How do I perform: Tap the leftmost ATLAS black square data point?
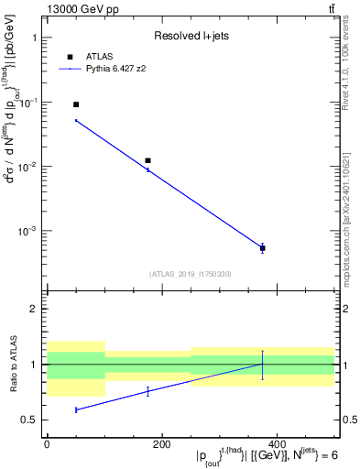(x=76, y=104)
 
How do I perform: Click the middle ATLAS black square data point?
(x=147, y=160)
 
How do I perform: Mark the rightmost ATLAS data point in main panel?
(x=262, y=248)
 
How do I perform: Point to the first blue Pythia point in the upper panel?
(x=76, y=120)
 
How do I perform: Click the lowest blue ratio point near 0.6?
(x=76, y=409)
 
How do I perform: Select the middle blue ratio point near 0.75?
(x=147, y=391)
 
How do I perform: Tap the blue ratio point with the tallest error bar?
(x=262, y=365)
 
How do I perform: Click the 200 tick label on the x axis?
(x=161, y=444)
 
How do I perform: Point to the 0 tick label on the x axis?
(x=47, y=444)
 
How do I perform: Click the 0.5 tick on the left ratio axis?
(x=30, y=420)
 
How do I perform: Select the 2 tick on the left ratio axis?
(x=34, y=309)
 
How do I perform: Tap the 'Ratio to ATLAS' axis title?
(x=13, y=365)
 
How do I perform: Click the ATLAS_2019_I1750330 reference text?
(x=190, y=274)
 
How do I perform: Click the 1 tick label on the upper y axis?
(x=34, y=38)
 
